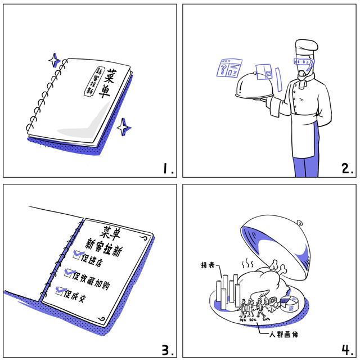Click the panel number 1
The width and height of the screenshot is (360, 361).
[x=167, y=167]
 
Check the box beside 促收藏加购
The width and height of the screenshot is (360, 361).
[x=70, y=274]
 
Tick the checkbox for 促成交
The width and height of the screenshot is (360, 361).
[x=61, y=292]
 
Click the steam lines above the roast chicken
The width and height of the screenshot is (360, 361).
[x=247, y=263]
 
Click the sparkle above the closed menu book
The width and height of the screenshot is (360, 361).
[x=53, y=60]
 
